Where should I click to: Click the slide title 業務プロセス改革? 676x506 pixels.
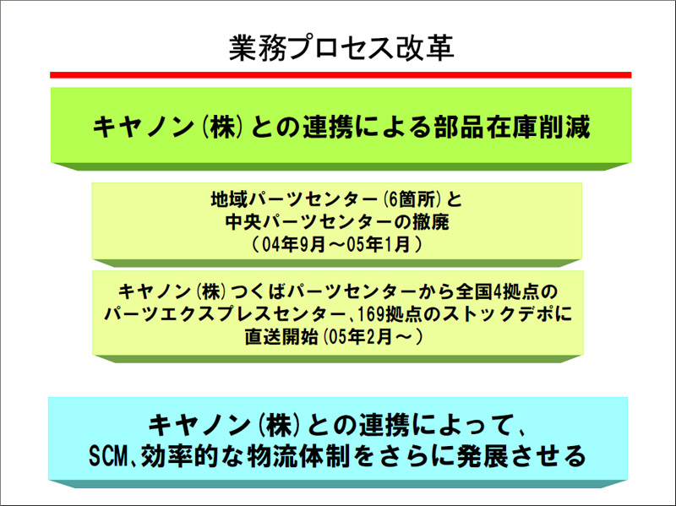(x=341, y=47)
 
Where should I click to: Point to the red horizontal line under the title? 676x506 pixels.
(x=341, y=75)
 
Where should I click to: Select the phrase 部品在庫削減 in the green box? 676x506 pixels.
(x=512, y=127)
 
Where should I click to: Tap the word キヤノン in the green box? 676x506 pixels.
(x=143, y=127)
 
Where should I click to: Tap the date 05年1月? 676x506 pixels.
(x=378, y=245)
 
